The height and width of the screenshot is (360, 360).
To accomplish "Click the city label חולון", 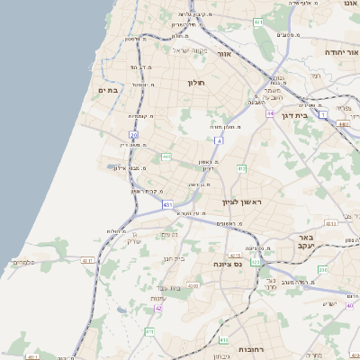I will click(x=196, y=83).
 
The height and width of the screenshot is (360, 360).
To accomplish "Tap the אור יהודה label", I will click(x=341, y=52).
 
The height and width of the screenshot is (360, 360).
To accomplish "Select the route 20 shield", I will click(x=133, y=135).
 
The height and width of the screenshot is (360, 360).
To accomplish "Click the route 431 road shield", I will click(x=167, y=205).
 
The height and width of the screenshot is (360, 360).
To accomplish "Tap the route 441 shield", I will click(x=166, y=157).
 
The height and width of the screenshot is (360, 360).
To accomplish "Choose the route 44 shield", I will click(x=270, y=114).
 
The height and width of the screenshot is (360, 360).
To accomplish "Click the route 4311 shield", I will click(x=330, y=222).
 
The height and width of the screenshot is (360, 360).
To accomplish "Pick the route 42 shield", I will click(x=158, y=308).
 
